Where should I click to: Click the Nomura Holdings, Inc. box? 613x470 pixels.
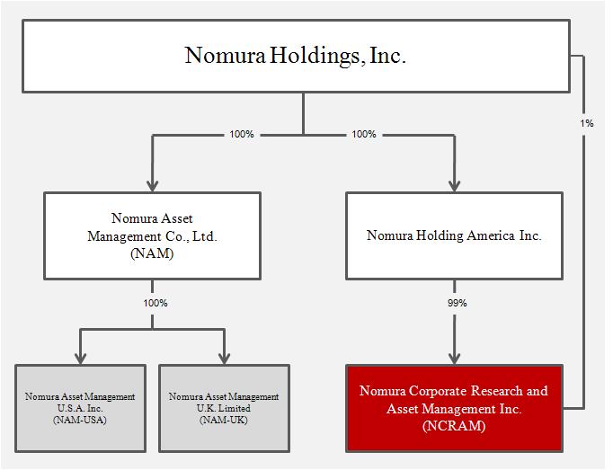click(x=296, y=57)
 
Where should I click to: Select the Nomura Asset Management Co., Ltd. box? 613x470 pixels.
click(x=153, y=235)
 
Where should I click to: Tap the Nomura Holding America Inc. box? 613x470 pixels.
click(x=454, y=235)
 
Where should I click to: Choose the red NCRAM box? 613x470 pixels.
click(x=454, y=408)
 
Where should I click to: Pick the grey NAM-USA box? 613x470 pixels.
click(x=81, y=408)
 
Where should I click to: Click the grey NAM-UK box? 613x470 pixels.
click(x=224, y=408)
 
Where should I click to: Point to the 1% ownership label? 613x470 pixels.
click(x=586, y=123)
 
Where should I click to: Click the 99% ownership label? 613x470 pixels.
click(x=457, y=303)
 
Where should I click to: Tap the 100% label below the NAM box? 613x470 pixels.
click(x=155, y=303)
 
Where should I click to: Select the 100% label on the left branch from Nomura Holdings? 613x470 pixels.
click(x=242, y=134)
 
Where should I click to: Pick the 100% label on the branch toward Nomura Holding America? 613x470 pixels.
click(x=364, y=134)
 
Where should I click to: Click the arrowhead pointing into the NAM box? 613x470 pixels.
click(x=153, y=185)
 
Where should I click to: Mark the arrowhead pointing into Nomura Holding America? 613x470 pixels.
click(x=454, y=185)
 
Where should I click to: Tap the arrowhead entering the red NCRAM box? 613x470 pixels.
click(x=454, y=359)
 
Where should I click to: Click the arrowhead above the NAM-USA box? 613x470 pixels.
click(x=81, y=359)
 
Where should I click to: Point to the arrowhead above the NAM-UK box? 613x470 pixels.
click(x=224, y=359)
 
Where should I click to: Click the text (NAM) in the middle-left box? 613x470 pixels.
click(x=152, y=253)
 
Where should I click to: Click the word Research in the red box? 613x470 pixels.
click(x=496, y=391)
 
